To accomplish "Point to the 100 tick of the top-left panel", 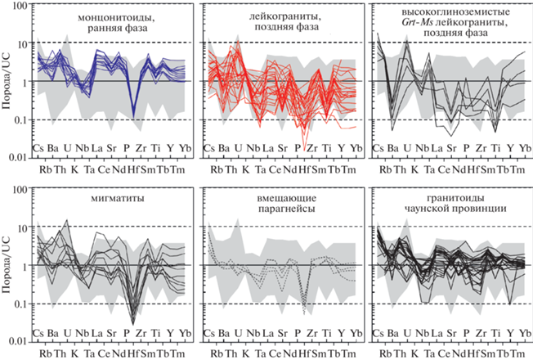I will pyautogui.click(x=24, y=5).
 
